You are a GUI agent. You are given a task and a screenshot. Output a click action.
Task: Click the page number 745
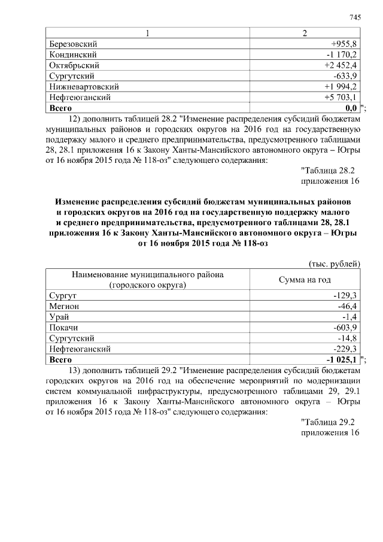point(355,17)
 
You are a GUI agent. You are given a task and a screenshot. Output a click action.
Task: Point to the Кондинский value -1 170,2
point(342,54)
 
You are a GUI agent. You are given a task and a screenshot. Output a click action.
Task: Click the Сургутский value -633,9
point(346,76)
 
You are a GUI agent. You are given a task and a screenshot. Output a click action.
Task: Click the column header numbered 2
point(305,34)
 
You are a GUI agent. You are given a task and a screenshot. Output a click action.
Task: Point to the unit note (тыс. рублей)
point(333,263)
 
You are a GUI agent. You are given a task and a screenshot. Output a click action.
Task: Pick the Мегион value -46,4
point(348,307)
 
